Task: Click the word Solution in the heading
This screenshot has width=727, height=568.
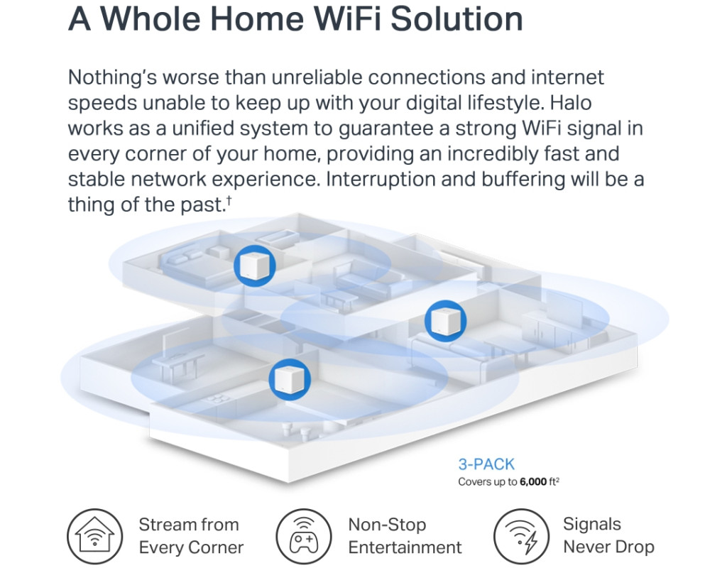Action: (x=457, y=18)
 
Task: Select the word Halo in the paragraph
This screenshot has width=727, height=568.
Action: (x=571, y=102)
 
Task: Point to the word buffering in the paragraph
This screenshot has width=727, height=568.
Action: (x=523, y=179)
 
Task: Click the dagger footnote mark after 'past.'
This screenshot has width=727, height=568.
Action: (x=229, y=200)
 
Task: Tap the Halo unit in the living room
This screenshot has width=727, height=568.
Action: (x=446, y=321)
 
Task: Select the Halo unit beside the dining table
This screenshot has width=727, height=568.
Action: (x=290, y=379)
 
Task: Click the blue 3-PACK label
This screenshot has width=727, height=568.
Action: (x=486, y=464)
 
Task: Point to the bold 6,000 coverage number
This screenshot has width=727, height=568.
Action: (x=533, y=482)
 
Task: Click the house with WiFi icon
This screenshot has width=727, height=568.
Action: (x=95, y=537)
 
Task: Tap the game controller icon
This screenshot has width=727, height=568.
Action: (x=304, y=537)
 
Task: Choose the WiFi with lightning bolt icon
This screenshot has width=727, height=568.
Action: (x=521, y=537)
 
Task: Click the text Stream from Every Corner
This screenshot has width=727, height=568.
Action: (x=191, y=536)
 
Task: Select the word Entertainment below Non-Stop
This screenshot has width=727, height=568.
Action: (x=405, y=547)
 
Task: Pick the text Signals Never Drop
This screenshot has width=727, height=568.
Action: (x=608, y=535)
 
